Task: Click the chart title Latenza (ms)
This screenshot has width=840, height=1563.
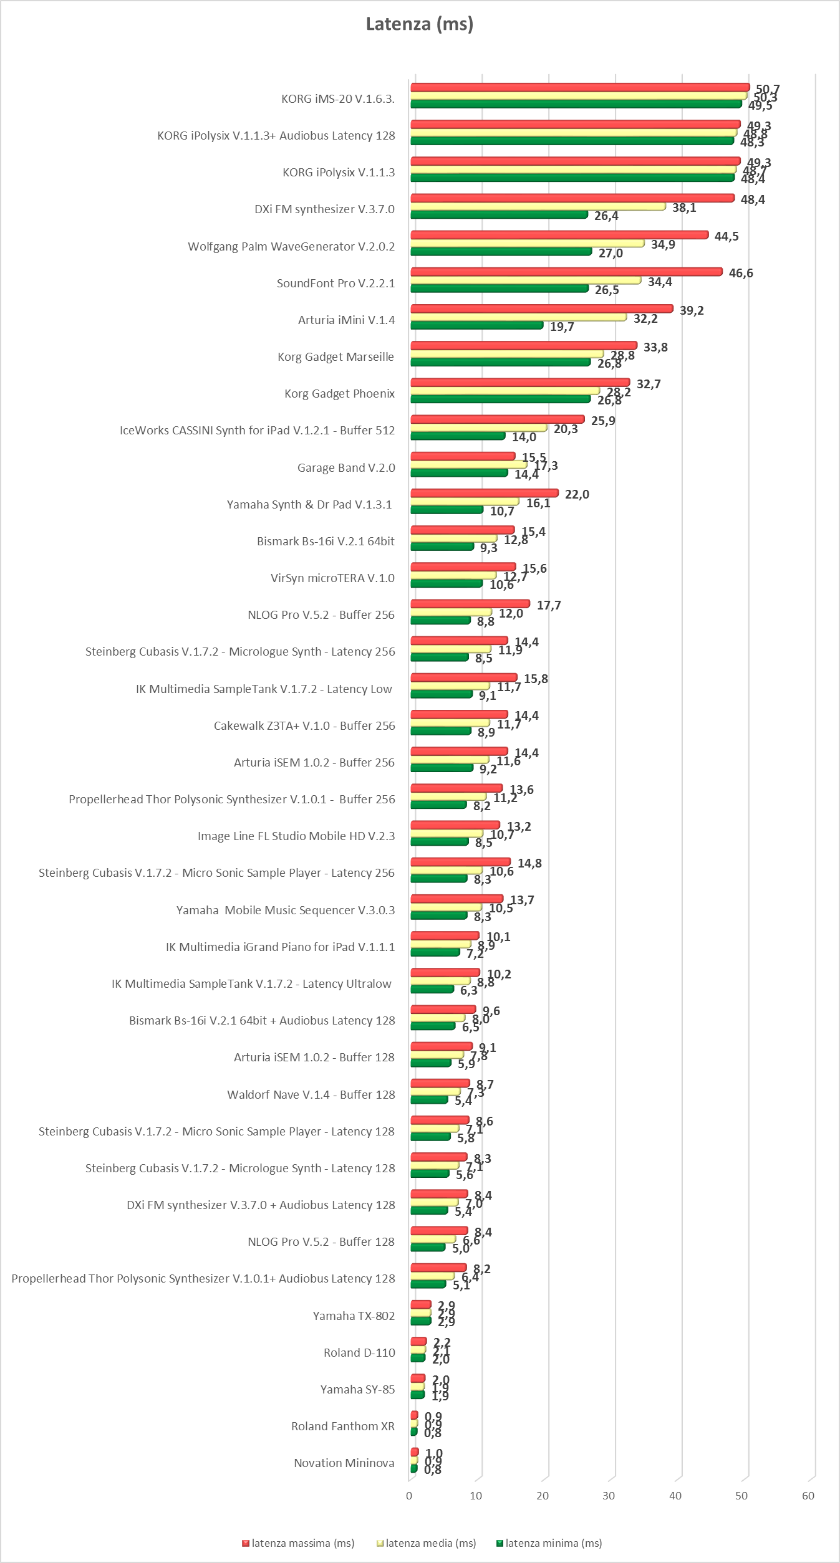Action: pyautogui.click(x=419, y=24)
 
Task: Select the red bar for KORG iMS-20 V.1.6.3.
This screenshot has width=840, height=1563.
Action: pyautogui.click(x=580, y=87)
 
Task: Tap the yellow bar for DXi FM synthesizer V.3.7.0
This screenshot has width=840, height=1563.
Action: pyautogui.click(x=538, y=206)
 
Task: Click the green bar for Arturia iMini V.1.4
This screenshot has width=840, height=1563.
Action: pyautogui.click(x=476, y=325)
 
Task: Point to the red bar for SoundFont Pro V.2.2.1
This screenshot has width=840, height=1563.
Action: pyautogui.click(x=566, y=272)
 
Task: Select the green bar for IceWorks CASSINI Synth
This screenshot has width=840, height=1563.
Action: pyautogui.click(x=458, y=436)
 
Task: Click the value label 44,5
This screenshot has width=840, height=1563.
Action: pyautogui.click(x=727, y=236)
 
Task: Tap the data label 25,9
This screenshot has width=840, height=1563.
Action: pyautogui.click(x=603, y=421)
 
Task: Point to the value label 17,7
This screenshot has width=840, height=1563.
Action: pyautogui.click(x=549, y=605)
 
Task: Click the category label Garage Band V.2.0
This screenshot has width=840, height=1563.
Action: pyautogui.click(x=346, y=467)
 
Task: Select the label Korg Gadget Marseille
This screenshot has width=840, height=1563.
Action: pyautogui.click(x=336, y=356)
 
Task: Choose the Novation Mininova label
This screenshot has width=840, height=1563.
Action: pyautogui.click(x=344, y=1463)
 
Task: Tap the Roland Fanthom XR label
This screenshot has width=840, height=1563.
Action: pyautogui.click(x=343, y=1426)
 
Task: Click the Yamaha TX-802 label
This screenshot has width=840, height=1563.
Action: pyautogui.click(x=354, y=1316)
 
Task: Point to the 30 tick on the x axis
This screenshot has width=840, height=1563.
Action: pyautogui.click(x=609, y=1496)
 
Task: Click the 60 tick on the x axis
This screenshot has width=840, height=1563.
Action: pyautogui.click(x=808, y=1496)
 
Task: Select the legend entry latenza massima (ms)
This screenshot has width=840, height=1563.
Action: pyautogui.click(x=299, y=1543)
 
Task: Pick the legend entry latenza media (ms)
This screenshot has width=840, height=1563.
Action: pyautogui.click(x=427, y=1543)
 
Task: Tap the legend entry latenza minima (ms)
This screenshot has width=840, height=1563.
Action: pyautogui.click(x=549, y=1543)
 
